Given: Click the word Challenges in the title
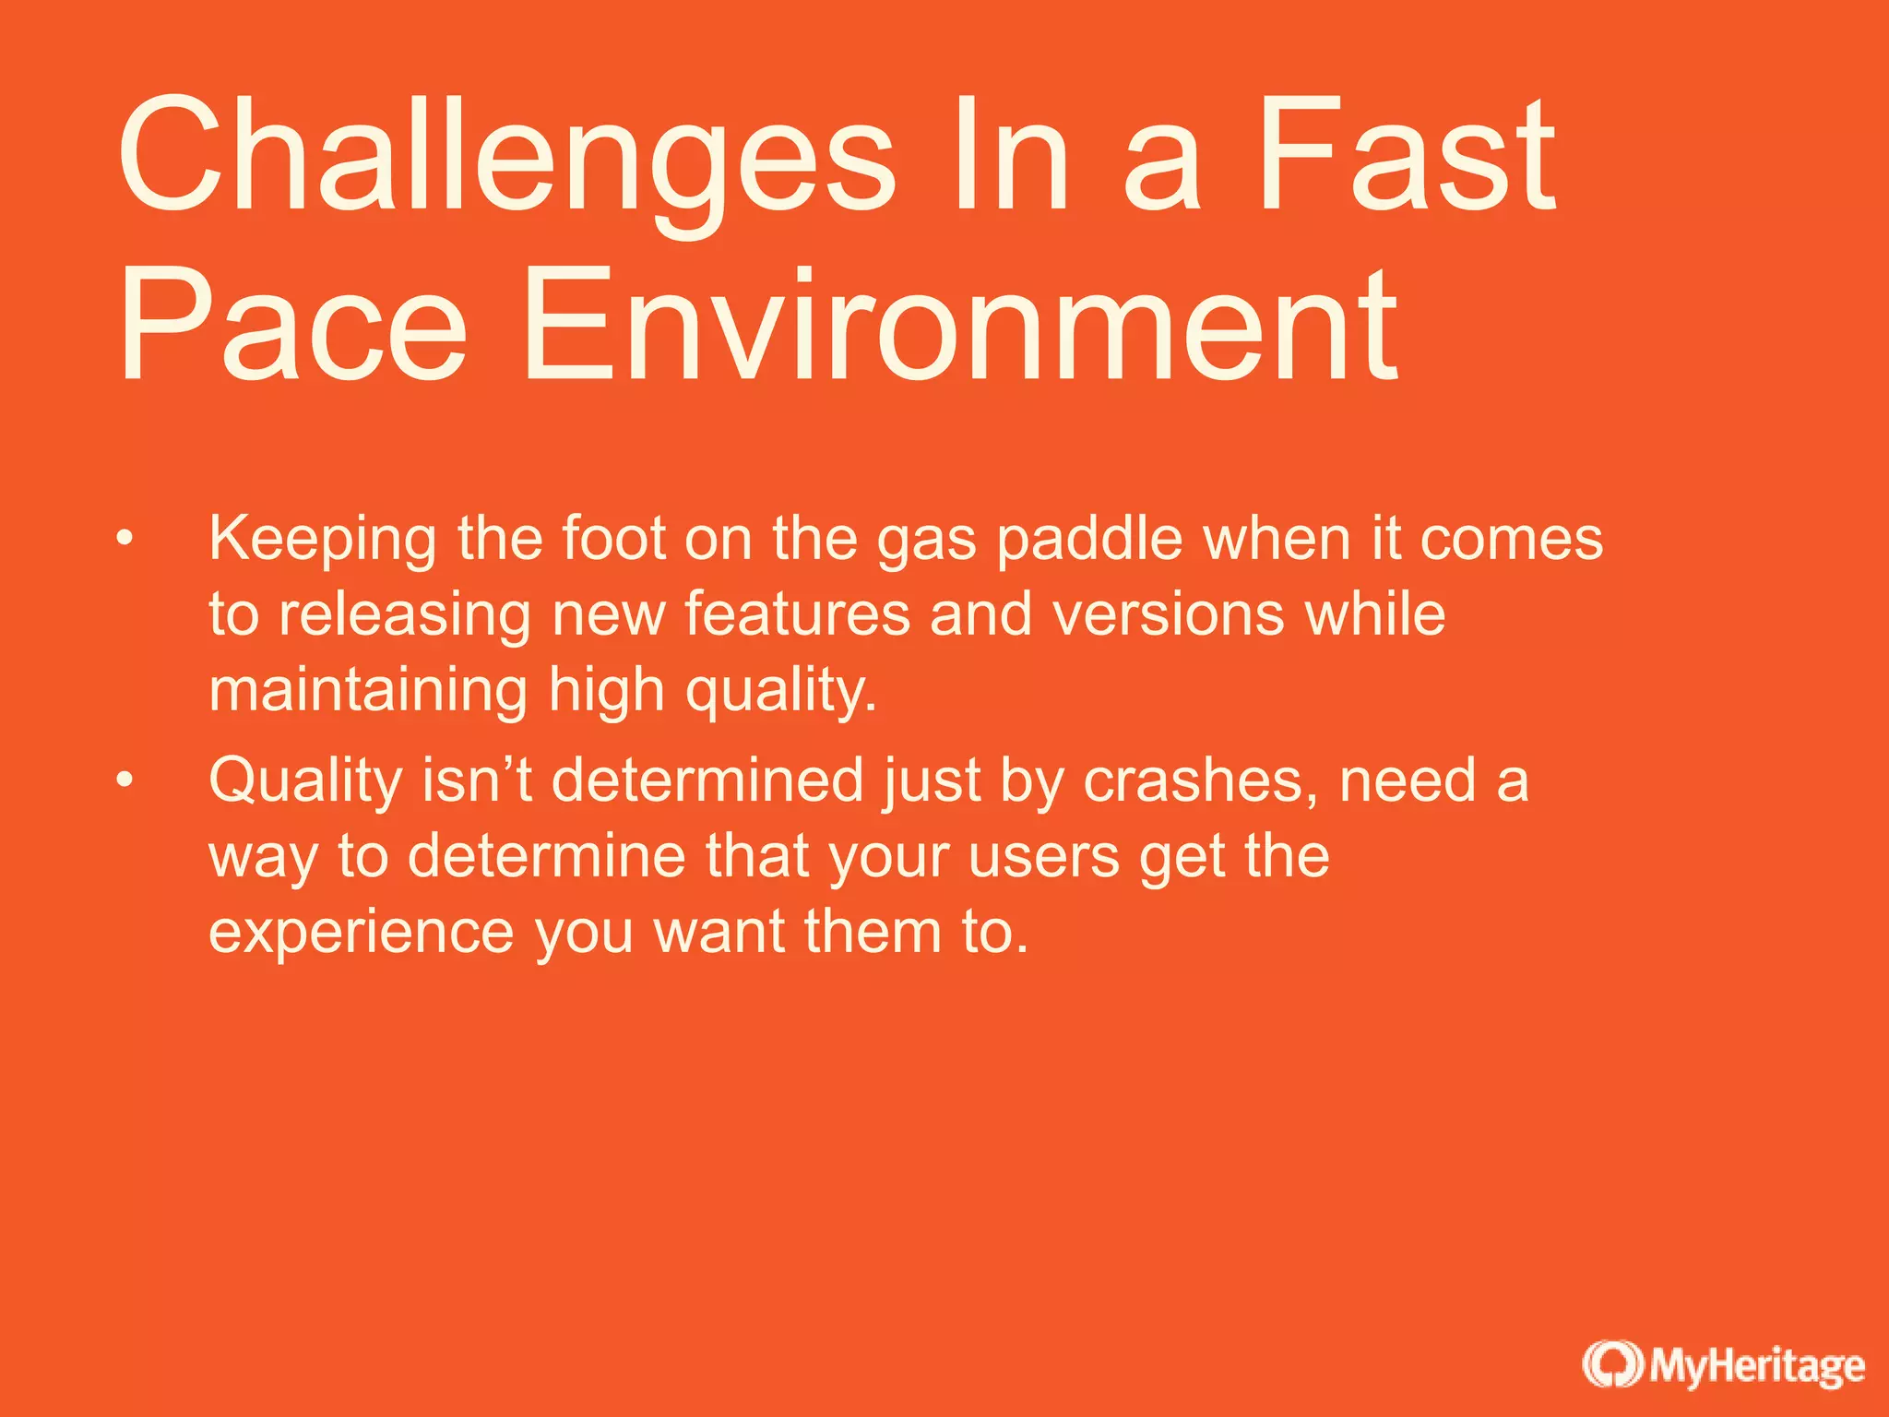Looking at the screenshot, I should (x=505, y=157).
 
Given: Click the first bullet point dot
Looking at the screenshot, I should (x=125, y=538).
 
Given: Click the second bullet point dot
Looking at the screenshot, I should (x=125, y=780).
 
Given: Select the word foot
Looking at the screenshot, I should (x=614, y=539).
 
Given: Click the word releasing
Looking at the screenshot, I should (x=405, y=614).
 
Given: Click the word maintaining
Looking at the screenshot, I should (x=367, y=690).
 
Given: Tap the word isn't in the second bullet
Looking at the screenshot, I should (x=477, y=780).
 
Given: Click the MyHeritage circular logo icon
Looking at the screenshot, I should (x=1612, y=1365).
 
